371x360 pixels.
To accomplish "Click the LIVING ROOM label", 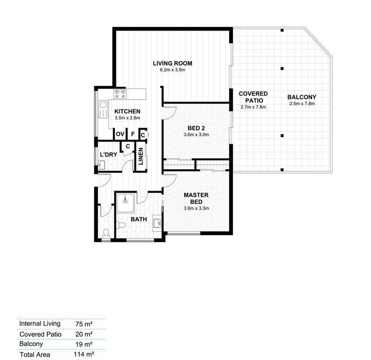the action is click(x=173, y=64).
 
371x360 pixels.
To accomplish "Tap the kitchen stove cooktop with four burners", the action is click(x=120, y=94).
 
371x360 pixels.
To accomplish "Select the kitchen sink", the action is click(x=103, y=109).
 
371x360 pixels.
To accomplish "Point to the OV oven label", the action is click(x=120, y=134).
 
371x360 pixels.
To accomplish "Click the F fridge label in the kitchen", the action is click(x=133, y=134).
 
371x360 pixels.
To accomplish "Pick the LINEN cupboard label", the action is click(x=141, y=156).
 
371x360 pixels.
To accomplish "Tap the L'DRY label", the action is click(x=109, y=155).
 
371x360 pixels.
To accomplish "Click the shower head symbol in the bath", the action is click(x=125, y=200).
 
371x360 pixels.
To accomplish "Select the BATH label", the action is click(x=139, y=219).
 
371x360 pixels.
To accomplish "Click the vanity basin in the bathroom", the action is click(x=157, y=222).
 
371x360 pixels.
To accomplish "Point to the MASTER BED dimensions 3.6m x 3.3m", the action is click(x=196, y=208).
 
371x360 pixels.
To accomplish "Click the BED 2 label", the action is click(x=196, y=129).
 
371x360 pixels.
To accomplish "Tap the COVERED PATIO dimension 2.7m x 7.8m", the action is click(x=253, y=107).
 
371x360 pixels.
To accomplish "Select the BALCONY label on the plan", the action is click(x=302, y=97).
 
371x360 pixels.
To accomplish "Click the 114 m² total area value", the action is click(x=84, y=354).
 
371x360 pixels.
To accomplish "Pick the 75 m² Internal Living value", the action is click(x=84, y=324).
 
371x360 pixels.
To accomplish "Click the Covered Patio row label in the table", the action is click(x=40, y=334).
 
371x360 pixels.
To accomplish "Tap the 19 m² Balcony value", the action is click(x=84, y=344).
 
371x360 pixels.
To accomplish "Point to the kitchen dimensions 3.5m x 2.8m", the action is click(x=127, y=118).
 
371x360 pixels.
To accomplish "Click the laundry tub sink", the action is click(x=101, y=165).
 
